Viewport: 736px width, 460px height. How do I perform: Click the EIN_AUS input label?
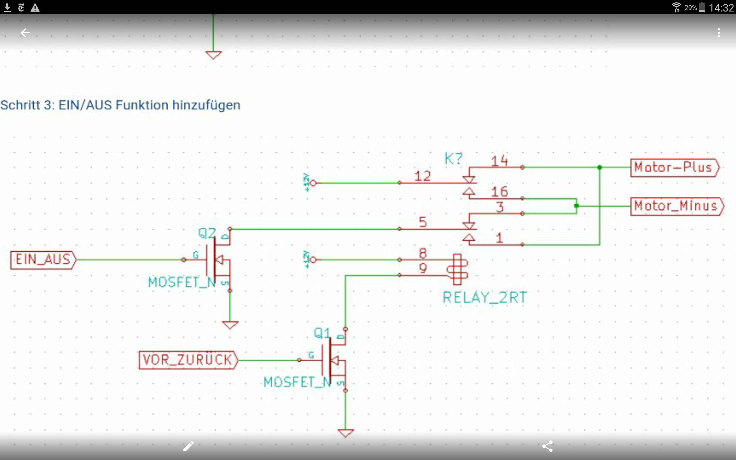click(43, 260)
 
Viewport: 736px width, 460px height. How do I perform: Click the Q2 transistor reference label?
click(207, 233)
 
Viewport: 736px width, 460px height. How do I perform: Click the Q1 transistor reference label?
click(322, 333)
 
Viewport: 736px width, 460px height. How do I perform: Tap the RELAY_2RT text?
click(485, 298)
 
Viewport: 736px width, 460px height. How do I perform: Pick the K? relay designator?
click(453, 158)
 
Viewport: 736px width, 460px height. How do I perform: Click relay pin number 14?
click(499, 161)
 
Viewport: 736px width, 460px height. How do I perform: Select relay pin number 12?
click(422, 176)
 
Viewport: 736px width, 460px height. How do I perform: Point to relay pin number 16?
click(499, 192)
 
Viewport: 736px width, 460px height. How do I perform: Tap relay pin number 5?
click(423, 222)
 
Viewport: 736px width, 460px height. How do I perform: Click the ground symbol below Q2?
click(230, 325)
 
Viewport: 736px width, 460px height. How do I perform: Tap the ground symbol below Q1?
click(346, 433)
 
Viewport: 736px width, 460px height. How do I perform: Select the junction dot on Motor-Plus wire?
click(599, 167)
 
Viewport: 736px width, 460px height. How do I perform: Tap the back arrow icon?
click(25, 32)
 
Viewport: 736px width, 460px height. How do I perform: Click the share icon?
click(547, 446)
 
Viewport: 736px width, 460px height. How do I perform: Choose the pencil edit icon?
click(189, 446)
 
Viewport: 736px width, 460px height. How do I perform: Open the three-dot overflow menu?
click(719, 32)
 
